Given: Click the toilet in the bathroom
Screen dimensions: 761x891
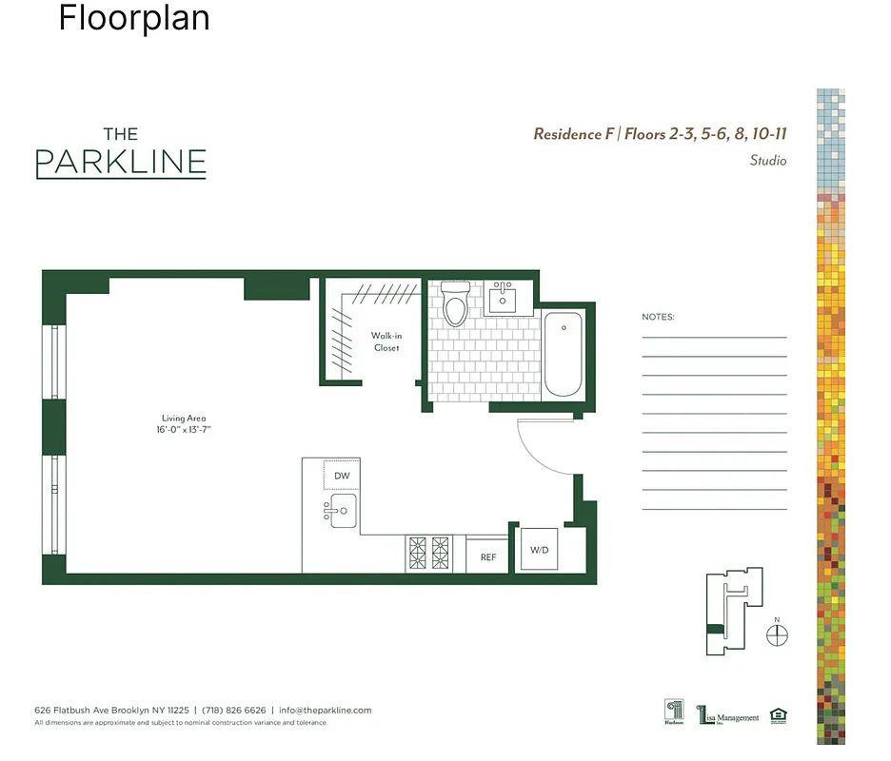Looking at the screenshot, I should point(456,304).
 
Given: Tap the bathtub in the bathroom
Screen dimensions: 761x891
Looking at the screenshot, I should point(563,355).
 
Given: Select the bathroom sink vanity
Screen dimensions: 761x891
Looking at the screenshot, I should point(502,299).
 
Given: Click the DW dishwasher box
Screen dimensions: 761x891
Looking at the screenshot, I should point(342,476).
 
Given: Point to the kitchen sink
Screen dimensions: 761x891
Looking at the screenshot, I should point(340,512).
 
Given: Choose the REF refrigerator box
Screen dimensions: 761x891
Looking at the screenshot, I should point(487,557).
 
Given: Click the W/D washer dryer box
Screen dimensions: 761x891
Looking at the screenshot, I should point(539,550).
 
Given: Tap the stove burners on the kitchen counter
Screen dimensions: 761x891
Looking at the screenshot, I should point(428,552).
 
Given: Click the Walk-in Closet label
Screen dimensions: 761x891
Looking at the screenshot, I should point(386,341).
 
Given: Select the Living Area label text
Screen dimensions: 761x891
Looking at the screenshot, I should point(183,419).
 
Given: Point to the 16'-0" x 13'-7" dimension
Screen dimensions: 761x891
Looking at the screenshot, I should point(183,430).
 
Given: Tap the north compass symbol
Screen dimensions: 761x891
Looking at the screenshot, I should point(778,634).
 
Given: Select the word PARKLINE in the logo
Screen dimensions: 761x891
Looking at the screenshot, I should point(121,163).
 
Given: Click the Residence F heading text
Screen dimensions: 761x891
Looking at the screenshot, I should point(573,134).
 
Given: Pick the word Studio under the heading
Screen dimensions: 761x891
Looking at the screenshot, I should point(767,161).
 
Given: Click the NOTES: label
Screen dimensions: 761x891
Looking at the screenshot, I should point(658,317).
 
